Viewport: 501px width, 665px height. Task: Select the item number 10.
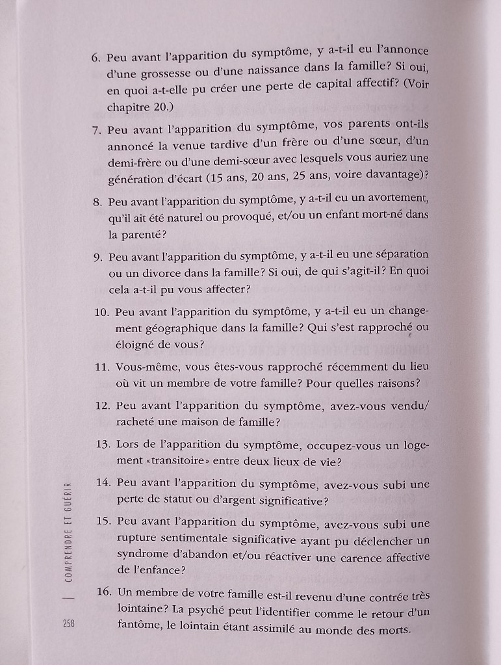(101, 312)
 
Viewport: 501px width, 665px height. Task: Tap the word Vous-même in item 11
(142, 367)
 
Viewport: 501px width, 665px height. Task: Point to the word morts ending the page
(395, 630)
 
